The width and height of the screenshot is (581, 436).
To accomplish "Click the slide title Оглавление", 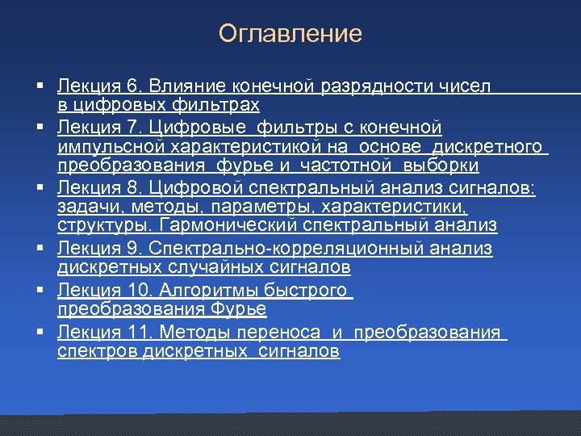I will pos(290,34).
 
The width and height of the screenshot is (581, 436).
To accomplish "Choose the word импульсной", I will pos(108,146).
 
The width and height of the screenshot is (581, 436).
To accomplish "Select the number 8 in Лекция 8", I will pos(135,188).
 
